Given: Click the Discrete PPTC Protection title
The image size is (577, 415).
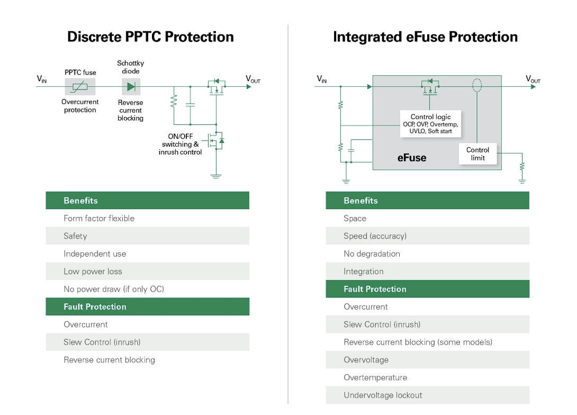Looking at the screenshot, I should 150,37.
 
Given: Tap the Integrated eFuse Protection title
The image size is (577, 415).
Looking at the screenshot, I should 425,37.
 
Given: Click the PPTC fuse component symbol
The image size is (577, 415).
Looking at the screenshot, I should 80,86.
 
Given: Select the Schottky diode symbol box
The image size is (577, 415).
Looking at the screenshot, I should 131,86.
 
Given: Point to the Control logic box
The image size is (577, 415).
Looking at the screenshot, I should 430,123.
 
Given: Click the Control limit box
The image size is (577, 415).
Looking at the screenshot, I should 477,154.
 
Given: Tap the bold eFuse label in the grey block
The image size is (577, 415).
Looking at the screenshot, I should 411,158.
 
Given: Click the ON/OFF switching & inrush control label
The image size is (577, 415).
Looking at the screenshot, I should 180,145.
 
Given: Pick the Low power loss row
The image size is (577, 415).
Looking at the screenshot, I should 147,272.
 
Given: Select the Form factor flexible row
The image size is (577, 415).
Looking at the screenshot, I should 147,218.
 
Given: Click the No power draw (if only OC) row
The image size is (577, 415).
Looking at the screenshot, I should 147,289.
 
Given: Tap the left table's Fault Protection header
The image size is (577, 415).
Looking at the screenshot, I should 147,306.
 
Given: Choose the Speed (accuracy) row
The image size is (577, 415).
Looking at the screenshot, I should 427,236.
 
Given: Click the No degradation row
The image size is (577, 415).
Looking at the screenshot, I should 427,254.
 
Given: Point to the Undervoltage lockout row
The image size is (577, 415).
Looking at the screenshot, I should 427,395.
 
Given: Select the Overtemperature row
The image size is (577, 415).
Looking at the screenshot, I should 427,377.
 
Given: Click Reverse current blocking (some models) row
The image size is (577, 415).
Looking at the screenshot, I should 427,342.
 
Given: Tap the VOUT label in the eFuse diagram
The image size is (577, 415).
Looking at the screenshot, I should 533,79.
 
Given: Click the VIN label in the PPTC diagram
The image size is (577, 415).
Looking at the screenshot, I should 41,79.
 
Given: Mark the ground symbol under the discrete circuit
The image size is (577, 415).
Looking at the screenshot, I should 215,176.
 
